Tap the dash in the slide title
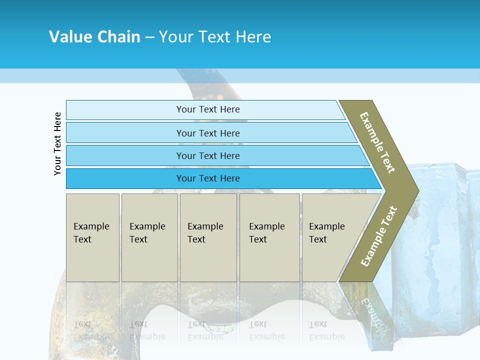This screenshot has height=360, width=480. tap(149, 37)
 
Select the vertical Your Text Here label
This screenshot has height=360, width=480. tap(57, 143)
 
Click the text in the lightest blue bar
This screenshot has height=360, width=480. tap(208, 109)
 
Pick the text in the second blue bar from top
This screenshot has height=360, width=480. tap(208, 133)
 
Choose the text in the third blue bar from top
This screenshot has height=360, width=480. tap(208, 156)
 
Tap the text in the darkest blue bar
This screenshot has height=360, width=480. tap(208, 178)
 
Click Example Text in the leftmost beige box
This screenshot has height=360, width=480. tap(91, 233)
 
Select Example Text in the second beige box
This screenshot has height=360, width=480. tap(147, 233)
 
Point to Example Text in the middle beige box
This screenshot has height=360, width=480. tap(205, 233)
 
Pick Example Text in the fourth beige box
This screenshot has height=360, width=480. tap(266, 233)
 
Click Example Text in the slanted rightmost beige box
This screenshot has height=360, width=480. tap(326, 233)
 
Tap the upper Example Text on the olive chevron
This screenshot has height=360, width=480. tap(377, 142)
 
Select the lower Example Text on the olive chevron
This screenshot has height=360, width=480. tap(379, 236)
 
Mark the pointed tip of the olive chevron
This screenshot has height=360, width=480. tap(418, 190)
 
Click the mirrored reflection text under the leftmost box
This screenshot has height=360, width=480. tap(91, 330)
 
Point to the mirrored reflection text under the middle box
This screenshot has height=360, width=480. tap(205, 330)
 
